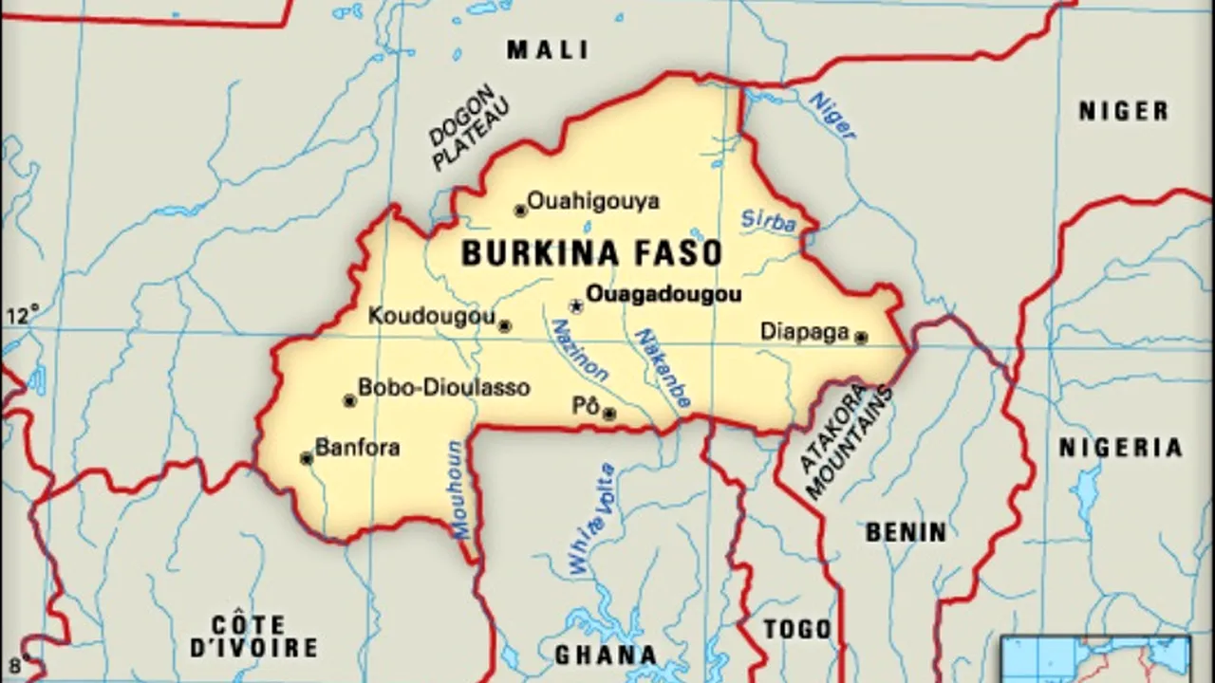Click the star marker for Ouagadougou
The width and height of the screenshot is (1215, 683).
click(x=575, y=306)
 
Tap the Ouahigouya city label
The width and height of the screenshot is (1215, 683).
click(x=592, y=201)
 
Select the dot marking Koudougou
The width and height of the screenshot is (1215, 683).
click(x=505, y=326)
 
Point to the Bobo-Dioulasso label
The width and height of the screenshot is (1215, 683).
click(x=443, y=388)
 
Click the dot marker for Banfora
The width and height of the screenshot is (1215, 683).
click(x=307, y=459)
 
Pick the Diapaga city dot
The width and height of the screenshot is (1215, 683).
click(x=861, y=337)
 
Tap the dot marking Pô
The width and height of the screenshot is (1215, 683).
click(x=609, y=414)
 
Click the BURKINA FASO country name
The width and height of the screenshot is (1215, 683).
click(x=591, y=253)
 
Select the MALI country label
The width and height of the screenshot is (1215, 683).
click(x=548, y=49)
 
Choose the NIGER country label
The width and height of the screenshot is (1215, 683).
click(x=1123, y=111)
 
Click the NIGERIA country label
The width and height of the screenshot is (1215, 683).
click(x=1121, y=447)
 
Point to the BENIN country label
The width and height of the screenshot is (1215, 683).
click(x=906, y=532)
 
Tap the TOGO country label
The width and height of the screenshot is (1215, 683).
click(x=797, y=629)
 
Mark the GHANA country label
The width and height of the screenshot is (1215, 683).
click(x=606, y=655)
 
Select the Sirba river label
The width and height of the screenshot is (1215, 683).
click(x=768, y=221)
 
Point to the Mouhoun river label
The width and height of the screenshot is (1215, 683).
click(x=458, y=489)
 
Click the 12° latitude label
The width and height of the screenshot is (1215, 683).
click(x=24, y=313)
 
